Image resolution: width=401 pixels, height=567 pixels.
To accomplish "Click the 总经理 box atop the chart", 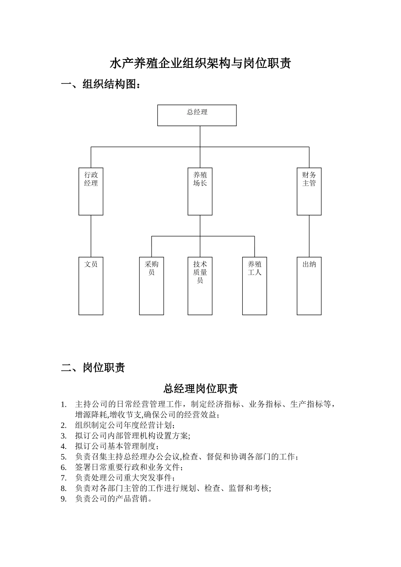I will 197,115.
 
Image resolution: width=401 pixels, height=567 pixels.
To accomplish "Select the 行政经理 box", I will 91,191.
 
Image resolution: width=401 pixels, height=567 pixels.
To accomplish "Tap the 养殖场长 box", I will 200,191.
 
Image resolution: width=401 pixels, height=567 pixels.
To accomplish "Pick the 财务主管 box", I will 309,191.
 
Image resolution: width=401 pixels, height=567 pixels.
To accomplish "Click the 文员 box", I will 91,286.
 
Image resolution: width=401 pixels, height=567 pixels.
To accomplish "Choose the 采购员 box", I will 152,286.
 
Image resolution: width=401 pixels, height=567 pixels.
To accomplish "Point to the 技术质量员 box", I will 200,286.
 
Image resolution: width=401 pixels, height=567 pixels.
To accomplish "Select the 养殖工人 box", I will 255,286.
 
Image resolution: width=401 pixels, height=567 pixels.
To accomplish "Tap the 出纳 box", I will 309,286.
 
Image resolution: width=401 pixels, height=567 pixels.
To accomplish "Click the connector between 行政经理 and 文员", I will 91,236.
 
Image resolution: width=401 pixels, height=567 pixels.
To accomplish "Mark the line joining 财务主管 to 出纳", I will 309,236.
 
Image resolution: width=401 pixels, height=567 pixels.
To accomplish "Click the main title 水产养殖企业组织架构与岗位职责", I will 200,64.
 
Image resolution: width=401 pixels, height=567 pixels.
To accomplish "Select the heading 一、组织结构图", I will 100,84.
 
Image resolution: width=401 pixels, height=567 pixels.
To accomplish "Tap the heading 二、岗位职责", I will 93,367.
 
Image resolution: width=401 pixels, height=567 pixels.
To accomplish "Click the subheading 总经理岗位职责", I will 200,388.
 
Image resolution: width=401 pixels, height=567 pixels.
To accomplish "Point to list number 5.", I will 64,457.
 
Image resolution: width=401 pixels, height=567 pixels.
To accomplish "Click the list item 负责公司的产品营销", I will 114,499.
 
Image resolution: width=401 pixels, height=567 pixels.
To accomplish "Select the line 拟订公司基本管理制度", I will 117,446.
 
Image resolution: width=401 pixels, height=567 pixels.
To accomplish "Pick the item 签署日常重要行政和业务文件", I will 129,467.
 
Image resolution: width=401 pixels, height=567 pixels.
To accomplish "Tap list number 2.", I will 64,425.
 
